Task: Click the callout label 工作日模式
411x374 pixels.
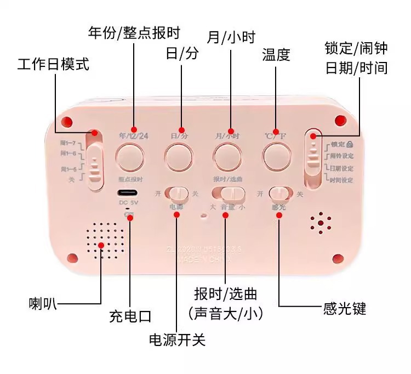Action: [x=53, y=64]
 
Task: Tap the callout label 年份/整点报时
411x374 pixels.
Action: [x=134, y=32]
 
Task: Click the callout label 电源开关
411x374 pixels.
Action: [x=177, y=340]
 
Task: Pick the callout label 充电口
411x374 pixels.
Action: [x=130, y=316]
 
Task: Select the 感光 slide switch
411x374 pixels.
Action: [x=279, y=194]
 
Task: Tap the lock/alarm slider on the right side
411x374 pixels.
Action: [x=313, y=159]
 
